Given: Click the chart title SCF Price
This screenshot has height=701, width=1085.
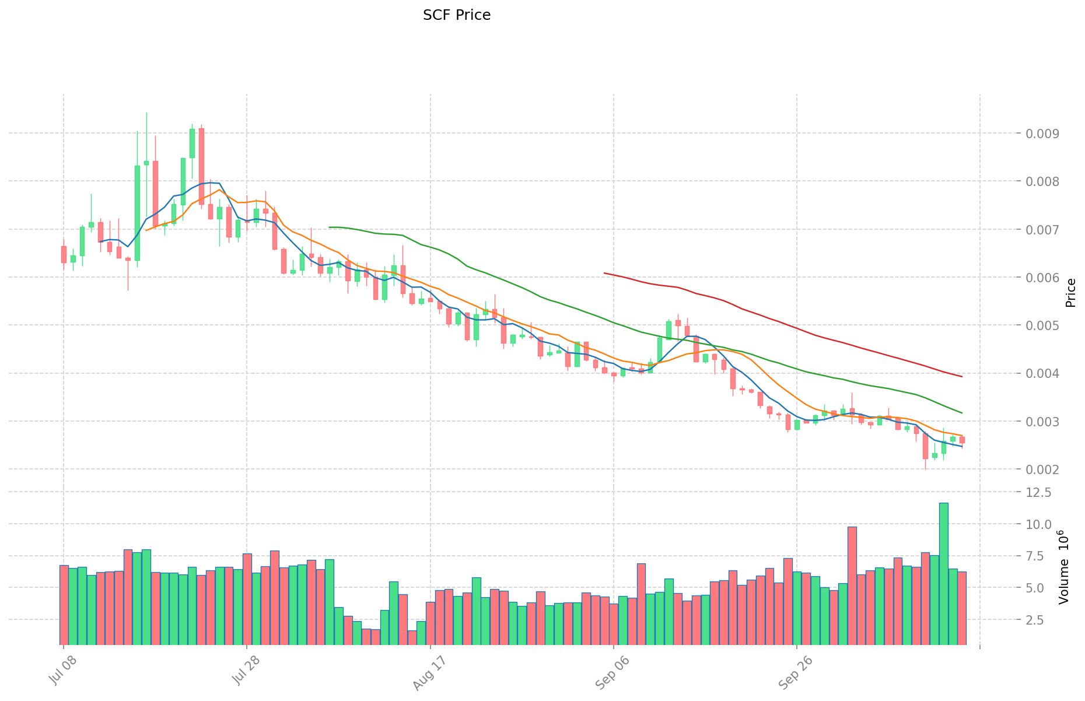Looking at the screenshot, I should (456, 15).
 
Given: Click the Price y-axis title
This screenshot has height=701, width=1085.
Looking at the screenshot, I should (1070, 293).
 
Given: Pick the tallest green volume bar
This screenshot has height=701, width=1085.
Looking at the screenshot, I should (943, 573).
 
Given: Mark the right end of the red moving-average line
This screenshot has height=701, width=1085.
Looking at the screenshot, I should (961, 377).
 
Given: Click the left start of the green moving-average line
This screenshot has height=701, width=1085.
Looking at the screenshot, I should (330, 227).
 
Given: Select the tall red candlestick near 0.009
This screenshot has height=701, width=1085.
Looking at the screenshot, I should (201, 166).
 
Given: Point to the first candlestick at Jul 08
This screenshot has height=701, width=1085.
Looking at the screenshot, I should (64, 254).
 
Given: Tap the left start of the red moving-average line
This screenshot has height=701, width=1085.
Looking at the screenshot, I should (604, 273).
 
